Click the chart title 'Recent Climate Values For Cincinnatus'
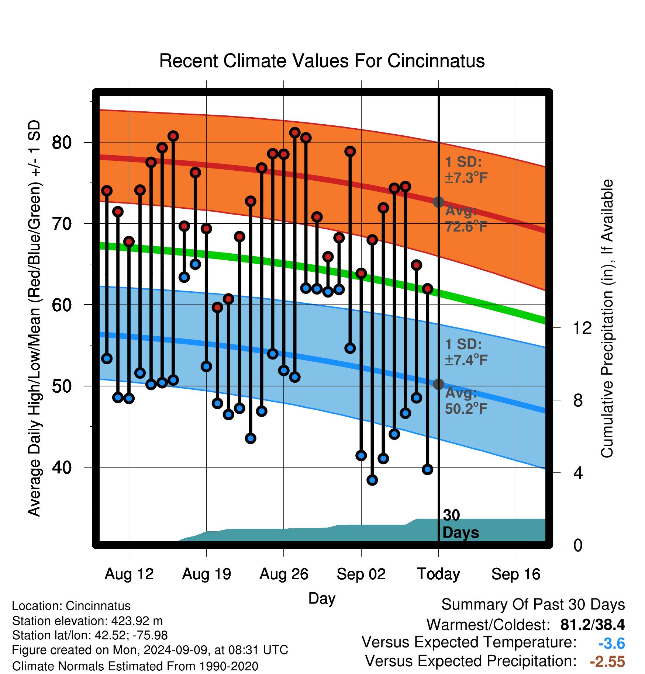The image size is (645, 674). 322,61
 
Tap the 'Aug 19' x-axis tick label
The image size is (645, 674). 207,574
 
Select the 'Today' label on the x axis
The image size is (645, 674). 438,574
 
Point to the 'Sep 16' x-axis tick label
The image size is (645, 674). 516,574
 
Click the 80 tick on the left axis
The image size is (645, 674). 62,142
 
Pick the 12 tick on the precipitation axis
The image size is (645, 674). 582,328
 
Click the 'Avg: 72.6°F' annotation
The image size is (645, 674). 466,219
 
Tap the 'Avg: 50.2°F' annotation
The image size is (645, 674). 466,401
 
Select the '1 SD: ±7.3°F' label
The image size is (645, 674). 466,170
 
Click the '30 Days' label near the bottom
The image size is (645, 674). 461,524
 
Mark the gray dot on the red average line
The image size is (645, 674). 438,202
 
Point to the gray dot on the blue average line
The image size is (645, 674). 438,384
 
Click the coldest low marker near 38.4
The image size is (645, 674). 372,480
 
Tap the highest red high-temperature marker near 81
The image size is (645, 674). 294,132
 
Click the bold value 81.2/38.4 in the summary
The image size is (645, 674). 592,625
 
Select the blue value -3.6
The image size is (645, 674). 611,643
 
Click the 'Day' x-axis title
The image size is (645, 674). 322,598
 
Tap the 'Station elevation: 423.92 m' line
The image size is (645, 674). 87,621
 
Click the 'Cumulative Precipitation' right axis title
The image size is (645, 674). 607,319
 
